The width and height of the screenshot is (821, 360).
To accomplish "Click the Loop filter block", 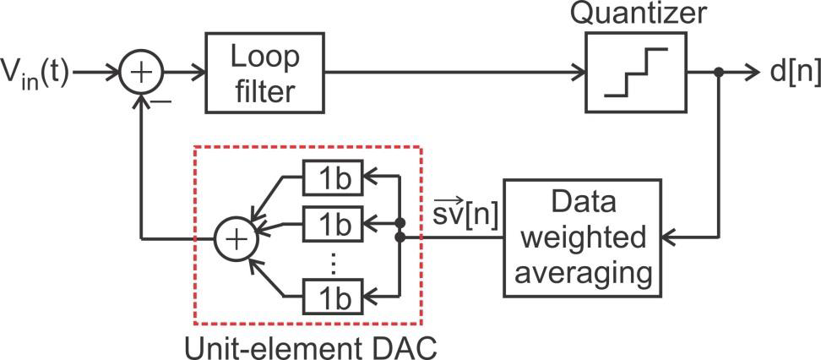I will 264,74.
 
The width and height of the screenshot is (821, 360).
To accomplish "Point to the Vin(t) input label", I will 38,74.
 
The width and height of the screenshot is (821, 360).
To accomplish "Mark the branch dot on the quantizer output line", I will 718,74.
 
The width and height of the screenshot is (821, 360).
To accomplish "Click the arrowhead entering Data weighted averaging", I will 666,238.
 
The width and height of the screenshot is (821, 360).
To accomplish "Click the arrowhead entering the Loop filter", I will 197,74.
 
